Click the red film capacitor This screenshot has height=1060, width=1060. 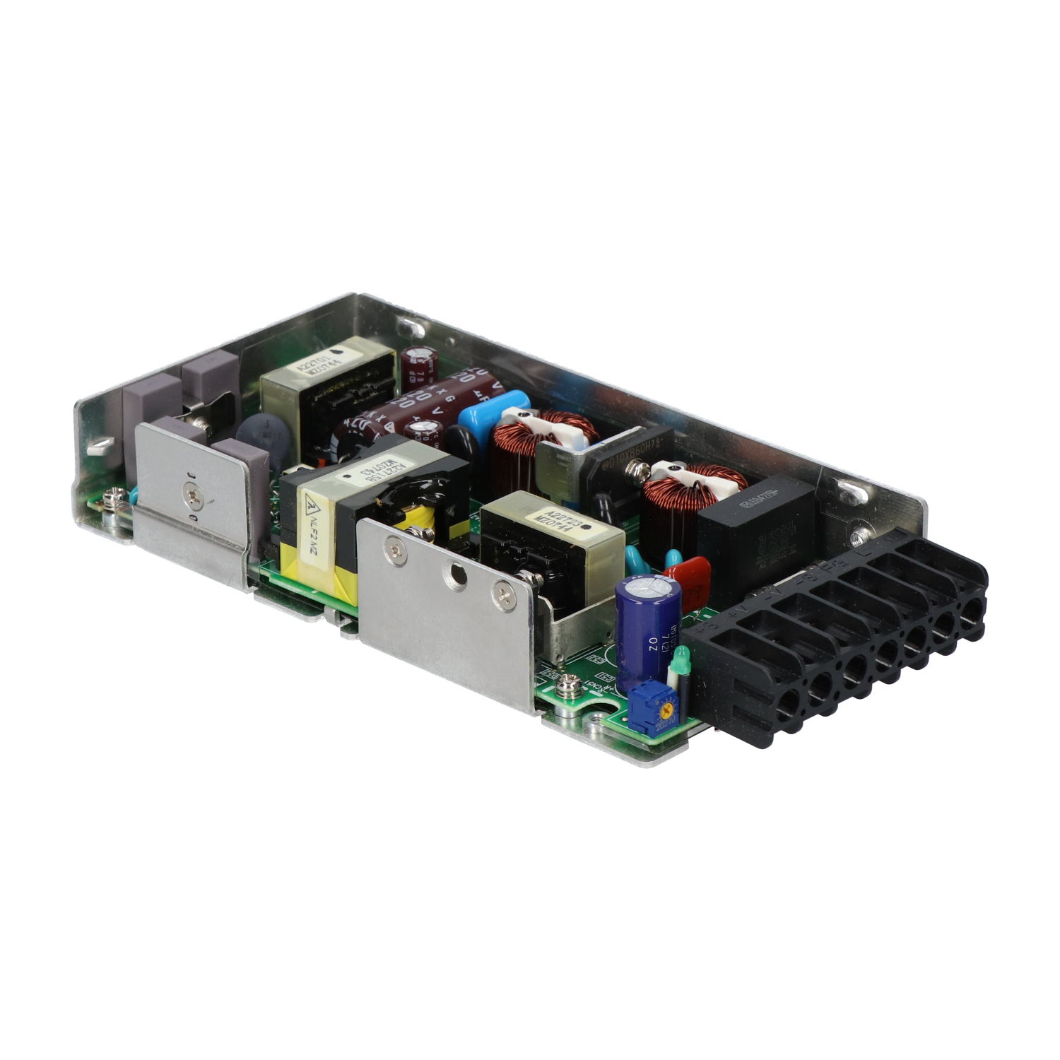pos(687,573)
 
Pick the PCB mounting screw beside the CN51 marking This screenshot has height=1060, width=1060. pos(566,683)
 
